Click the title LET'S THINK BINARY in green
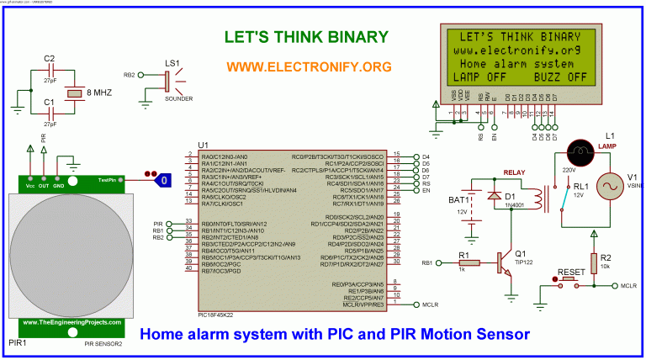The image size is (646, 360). click(306, 37)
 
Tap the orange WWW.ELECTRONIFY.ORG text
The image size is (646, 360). click(310, 66)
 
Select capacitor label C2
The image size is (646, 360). click(49, 58)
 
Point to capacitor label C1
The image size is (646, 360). click(49, 103)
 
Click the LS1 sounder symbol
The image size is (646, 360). click(168, 81)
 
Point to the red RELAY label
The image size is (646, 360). click(515, 172)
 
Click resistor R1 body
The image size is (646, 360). click(467, 263)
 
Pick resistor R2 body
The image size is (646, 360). click(594, 262)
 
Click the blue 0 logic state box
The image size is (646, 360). click(165, 180)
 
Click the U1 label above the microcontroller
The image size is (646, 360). click(203, 145)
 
